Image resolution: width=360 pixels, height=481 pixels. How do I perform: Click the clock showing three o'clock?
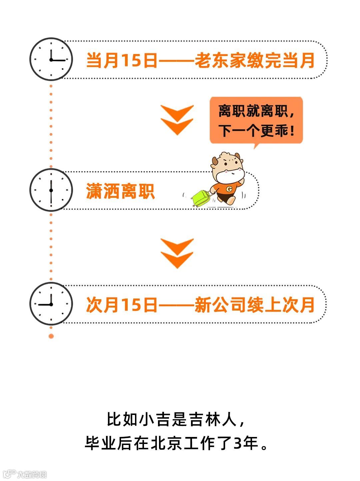coord(51,59)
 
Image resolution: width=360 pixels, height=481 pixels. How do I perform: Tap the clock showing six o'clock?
coord(51,190)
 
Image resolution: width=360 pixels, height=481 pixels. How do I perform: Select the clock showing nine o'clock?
coord(51,304)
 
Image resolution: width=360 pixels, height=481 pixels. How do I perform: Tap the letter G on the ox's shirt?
coord(229,189)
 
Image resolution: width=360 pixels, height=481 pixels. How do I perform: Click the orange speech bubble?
coord(256,120)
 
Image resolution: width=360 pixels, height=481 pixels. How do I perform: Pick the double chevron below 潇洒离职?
coord(177,254)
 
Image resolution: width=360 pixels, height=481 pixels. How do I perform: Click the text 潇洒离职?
coord(120,191)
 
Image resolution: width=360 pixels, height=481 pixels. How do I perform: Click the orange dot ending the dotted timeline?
coord(51,336)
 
